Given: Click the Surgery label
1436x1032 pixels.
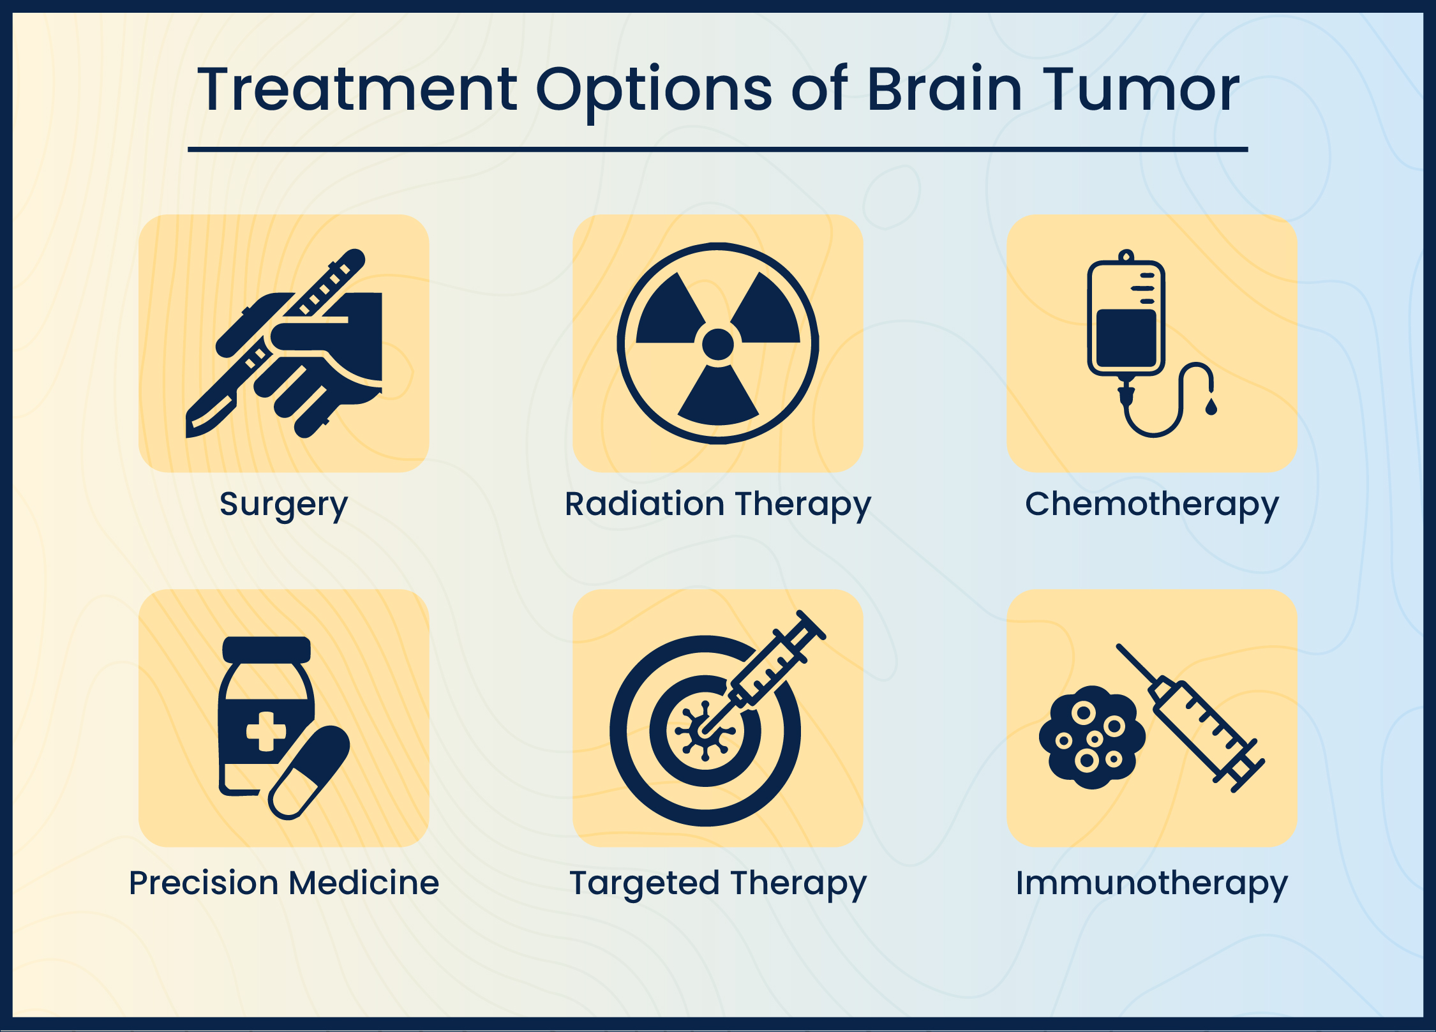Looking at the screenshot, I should [283, 504].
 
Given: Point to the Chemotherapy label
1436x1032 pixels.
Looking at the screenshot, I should [1151, 504].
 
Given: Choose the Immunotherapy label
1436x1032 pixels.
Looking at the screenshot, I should [1151, 883].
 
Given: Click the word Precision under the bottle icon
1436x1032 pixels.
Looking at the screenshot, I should [204, 883].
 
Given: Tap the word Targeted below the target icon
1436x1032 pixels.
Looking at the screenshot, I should [645, 883].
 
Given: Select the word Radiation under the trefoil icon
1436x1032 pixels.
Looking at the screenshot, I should [644, 504].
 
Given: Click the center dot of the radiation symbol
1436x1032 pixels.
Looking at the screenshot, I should [717, 344].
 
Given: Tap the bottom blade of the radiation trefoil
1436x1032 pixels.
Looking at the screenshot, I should [718, 399].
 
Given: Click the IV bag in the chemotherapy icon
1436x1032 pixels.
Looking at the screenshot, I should [1126, 319].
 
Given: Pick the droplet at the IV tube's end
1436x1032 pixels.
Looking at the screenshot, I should [1211, 407].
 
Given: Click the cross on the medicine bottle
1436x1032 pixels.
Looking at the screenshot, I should [266, 731].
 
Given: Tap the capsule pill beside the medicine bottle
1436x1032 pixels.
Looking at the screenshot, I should [309, 772].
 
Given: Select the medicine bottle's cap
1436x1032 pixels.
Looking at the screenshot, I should [266, 650].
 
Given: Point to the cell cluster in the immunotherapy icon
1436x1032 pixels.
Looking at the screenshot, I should [1092, 737].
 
